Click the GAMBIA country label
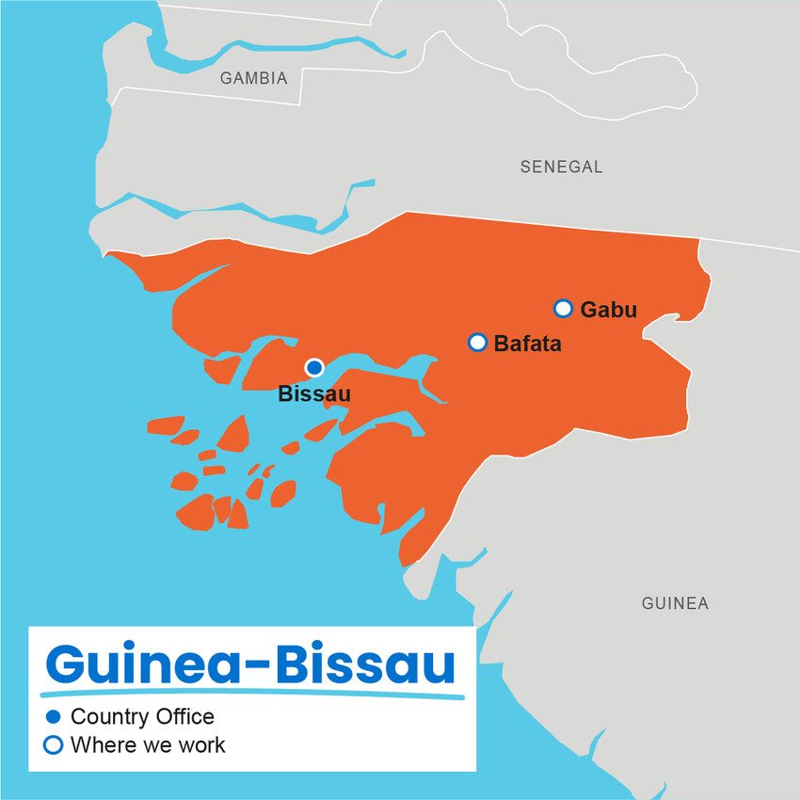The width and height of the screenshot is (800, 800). tap(253, 79)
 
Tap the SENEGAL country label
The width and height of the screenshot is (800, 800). tap(561, 168)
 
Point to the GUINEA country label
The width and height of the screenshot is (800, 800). tap(675, 603)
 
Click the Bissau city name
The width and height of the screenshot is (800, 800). tap(313, 394)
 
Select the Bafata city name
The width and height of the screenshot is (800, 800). tap(527, 344)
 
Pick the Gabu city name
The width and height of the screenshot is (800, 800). tap(608, 310)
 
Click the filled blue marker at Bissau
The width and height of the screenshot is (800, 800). tap(314, 367)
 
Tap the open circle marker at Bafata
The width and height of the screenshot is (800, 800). tap(477, 342)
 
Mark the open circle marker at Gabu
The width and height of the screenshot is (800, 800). tap(563, 308)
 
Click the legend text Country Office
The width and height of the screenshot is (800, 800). tap(142, 717)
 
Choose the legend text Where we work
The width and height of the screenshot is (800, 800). tap(148, 745)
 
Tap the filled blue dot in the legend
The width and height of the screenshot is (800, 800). tap(54, 717)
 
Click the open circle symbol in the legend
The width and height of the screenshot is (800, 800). tap(54, 745)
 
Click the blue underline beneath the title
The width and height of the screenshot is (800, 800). tap(254, 696)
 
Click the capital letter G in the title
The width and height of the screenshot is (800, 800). tap(68, 664)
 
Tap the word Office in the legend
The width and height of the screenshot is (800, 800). tap(185, 717)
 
